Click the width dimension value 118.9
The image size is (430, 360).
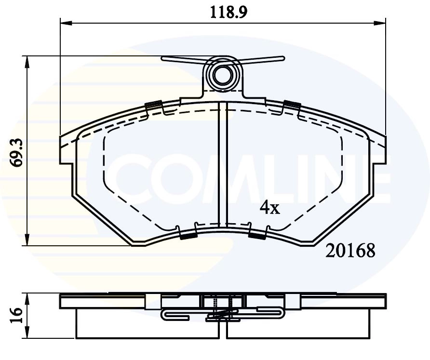click(x=222, y=11)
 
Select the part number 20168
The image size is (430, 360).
click(x=350, y=251)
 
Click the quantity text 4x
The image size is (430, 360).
click(x=269, y=207)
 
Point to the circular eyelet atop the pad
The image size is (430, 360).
click(x=223, y=75)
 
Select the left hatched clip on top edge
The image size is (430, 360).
click(x=153, y=105)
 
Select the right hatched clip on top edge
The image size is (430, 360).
click(x=292, y=104)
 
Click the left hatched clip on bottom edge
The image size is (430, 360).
click(x=188, y=236)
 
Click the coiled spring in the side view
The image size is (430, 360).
click(x=223, y=316)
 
